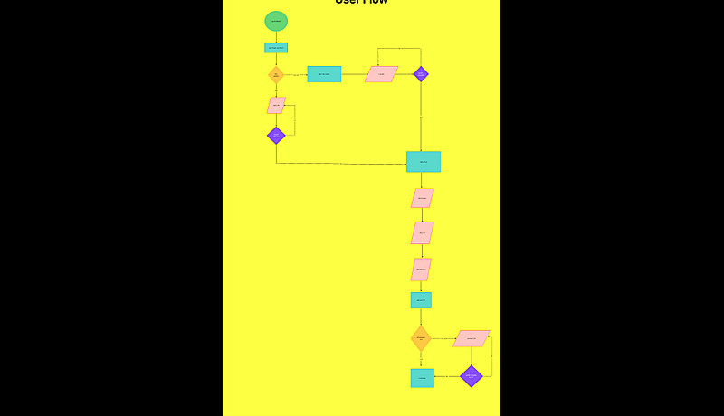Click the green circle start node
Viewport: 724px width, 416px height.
[276, 21]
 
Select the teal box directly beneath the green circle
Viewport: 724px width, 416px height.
[276, 48]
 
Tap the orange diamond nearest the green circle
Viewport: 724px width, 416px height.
[276, 74]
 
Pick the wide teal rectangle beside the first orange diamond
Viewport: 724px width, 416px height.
[324, 74]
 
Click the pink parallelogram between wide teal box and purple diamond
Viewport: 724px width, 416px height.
[381, 74]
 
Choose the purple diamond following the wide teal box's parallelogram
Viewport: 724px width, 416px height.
[421, 74]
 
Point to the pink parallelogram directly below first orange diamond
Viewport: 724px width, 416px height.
[276, 105]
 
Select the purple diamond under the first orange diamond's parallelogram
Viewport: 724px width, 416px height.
[276, 136]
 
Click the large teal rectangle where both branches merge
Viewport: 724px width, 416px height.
[424, 162]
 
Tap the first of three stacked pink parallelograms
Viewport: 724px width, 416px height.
[422, 198]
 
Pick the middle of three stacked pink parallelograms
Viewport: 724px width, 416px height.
[422, 232]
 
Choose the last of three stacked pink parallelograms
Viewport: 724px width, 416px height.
[421, 269]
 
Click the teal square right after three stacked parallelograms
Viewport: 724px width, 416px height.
[421, 299]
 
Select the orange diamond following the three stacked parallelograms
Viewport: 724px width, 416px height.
[421, 338]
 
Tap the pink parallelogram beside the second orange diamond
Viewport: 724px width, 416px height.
[471, 338]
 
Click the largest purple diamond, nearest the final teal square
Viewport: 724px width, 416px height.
[472, 376]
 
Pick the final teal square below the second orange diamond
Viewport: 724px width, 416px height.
[422, 377]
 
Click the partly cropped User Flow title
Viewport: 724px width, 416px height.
[361, 3]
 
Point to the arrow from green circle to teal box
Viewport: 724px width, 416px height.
[276, 37]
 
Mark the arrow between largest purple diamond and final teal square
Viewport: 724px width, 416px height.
[447, 376]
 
